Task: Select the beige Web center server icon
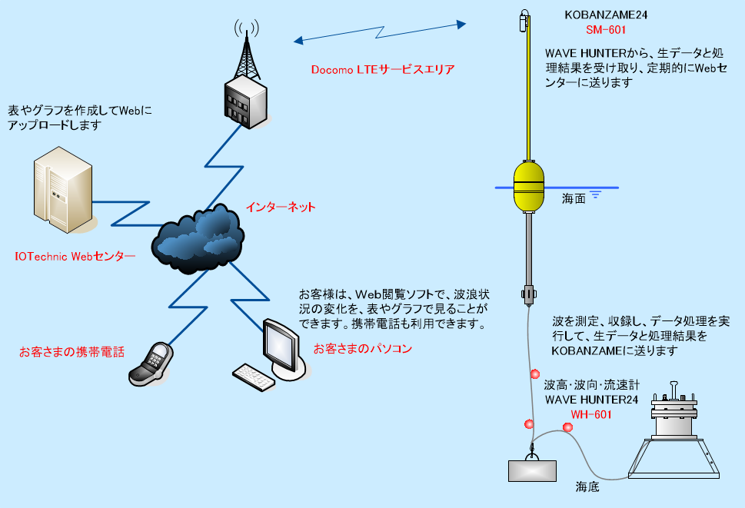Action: (63, 190)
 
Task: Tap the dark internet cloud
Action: (198, 239)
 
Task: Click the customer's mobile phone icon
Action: (151, 364)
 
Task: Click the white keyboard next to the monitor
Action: (253, 377)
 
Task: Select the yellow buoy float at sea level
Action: (529, 186)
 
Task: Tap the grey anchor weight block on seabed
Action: (532, 470)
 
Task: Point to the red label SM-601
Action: (606, 30)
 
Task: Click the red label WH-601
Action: (591, 414)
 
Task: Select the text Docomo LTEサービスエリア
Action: (383, 69)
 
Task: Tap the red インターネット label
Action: (281, 207)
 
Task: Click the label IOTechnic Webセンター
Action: (75, 257)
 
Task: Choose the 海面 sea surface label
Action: (574, 198)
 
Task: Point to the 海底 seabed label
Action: (587, 486)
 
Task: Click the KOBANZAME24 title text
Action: (606, 15)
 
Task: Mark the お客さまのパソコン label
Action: (363, 348)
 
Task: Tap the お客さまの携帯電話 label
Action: (72, 352)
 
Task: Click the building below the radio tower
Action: (245, 102)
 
